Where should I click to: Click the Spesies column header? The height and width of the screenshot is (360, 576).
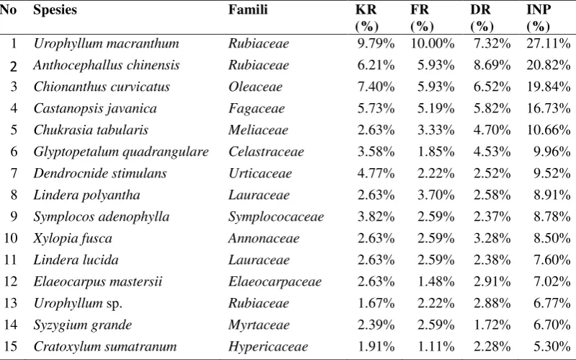[x=55, y=10]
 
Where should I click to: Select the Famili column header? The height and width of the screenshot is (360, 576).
[x=248, y=9]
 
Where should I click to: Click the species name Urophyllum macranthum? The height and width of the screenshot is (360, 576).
[x=106, y=44]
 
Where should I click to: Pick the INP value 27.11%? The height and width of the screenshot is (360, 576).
[x=549, y=43]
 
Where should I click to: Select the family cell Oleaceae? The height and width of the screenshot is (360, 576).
[x=255, y=87]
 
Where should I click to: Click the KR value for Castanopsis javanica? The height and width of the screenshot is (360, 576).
[x=376, y=108]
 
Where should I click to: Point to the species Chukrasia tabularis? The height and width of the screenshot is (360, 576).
[x=91, y=130]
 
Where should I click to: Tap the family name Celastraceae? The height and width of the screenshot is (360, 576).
[x=266, y=152]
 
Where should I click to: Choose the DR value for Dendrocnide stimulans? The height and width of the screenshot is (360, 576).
[x=492, y=173]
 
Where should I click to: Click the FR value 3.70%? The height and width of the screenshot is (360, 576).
[x=435, y=195]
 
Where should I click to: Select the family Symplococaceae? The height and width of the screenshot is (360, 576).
[x=276, y=217]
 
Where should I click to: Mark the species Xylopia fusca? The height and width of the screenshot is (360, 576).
[x=73, y=239]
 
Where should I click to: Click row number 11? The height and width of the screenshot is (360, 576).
[x=10, y=260]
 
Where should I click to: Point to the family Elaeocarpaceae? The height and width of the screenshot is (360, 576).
[x=275, y=282]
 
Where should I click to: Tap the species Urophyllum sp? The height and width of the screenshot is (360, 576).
[x=78, y=304]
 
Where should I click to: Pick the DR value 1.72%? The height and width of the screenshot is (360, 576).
[x=492, y=325]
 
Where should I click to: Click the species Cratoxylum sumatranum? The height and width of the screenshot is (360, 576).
[x=105, y=346]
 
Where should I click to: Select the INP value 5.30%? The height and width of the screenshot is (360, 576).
[x=552, y=346]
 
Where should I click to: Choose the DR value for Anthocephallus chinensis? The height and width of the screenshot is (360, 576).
[x=492, y=65]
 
